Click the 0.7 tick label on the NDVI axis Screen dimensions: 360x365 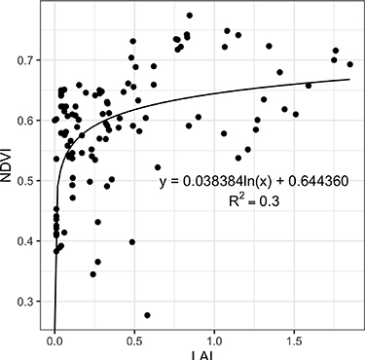(28, 60)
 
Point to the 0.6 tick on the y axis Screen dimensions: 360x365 (28, 121)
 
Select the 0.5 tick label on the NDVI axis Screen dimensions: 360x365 (28, 181)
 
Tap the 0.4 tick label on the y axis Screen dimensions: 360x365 (28, 241)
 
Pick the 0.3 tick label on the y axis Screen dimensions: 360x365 (28, 302)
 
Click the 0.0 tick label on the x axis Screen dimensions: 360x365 (55, 342)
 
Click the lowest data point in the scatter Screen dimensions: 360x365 (147, 315)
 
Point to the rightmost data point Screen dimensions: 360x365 (350, 64)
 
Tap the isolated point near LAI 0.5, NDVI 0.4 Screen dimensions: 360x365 (132, 241)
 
